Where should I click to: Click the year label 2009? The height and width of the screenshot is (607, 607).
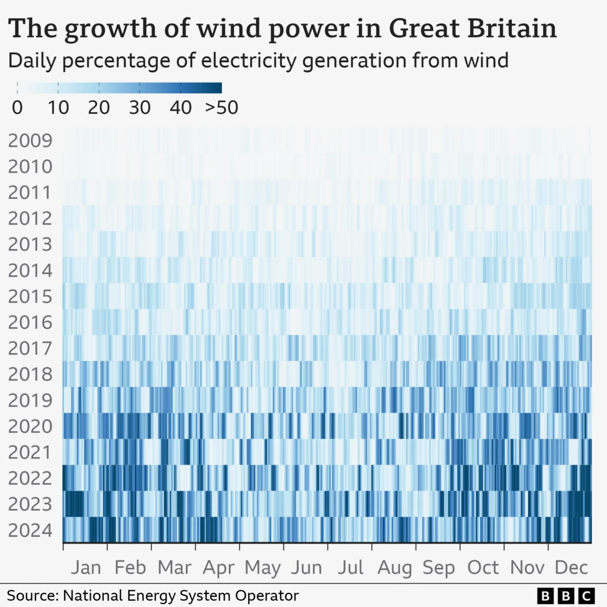pos(29,141)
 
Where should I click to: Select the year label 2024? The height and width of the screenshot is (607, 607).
pos(29,532)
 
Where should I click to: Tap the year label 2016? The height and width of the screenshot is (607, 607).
pos(29,323)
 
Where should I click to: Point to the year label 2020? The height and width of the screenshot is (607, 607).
pos(29,427)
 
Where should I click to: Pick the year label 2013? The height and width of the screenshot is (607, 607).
pos(29,244)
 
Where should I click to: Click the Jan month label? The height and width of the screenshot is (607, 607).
pos(86,568)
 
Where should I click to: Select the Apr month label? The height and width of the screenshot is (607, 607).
pos(218,568)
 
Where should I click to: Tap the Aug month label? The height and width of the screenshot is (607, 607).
pos(395,568)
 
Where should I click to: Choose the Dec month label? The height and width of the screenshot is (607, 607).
pos(571,568)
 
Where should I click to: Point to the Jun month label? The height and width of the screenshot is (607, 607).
pos(307,568)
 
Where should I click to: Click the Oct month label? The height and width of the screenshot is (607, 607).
pos(483,568)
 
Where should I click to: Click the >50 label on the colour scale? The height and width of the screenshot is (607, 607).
pos(221,108)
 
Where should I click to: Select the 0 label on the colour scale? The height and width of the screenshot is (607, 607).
pos(17,108)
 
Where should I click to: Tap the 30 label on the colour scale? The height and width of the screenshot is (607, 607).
pos(140,108)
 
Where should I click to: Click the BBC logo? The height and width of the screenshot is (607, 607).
pos(565,595)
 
